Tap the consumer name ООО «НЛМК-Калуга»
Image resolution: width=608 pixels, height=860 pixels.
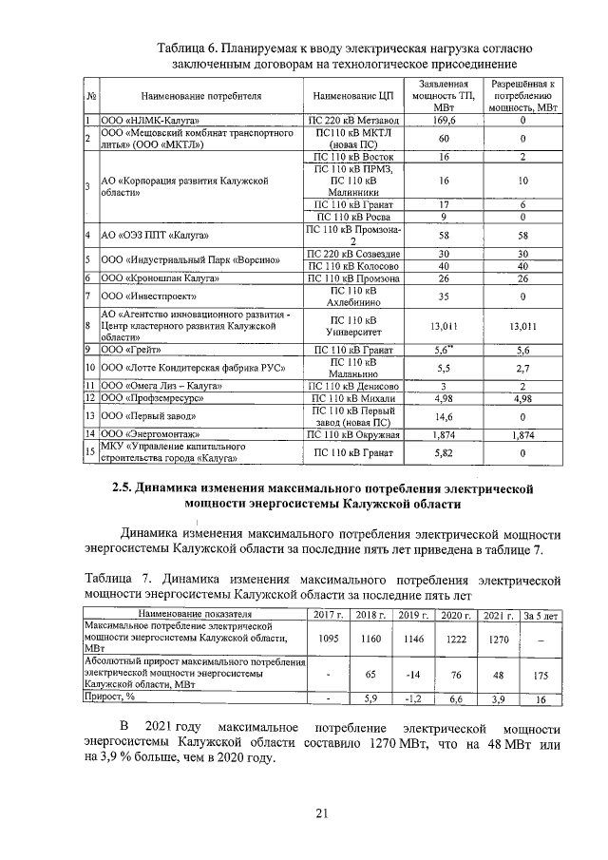click(x=144, y=121)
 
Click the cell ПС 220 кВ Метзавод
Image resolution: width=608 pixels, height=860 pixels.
click(x=351, y=121)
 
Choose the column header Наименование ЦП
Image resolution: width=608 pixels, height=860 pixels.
click(x=351, y=97)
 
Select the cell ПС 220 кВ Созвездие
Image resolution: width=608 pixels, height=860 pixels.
click(x=351, y=254)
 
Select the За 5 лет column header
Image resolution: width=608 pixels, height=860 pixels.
click(x=541, y=617)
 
